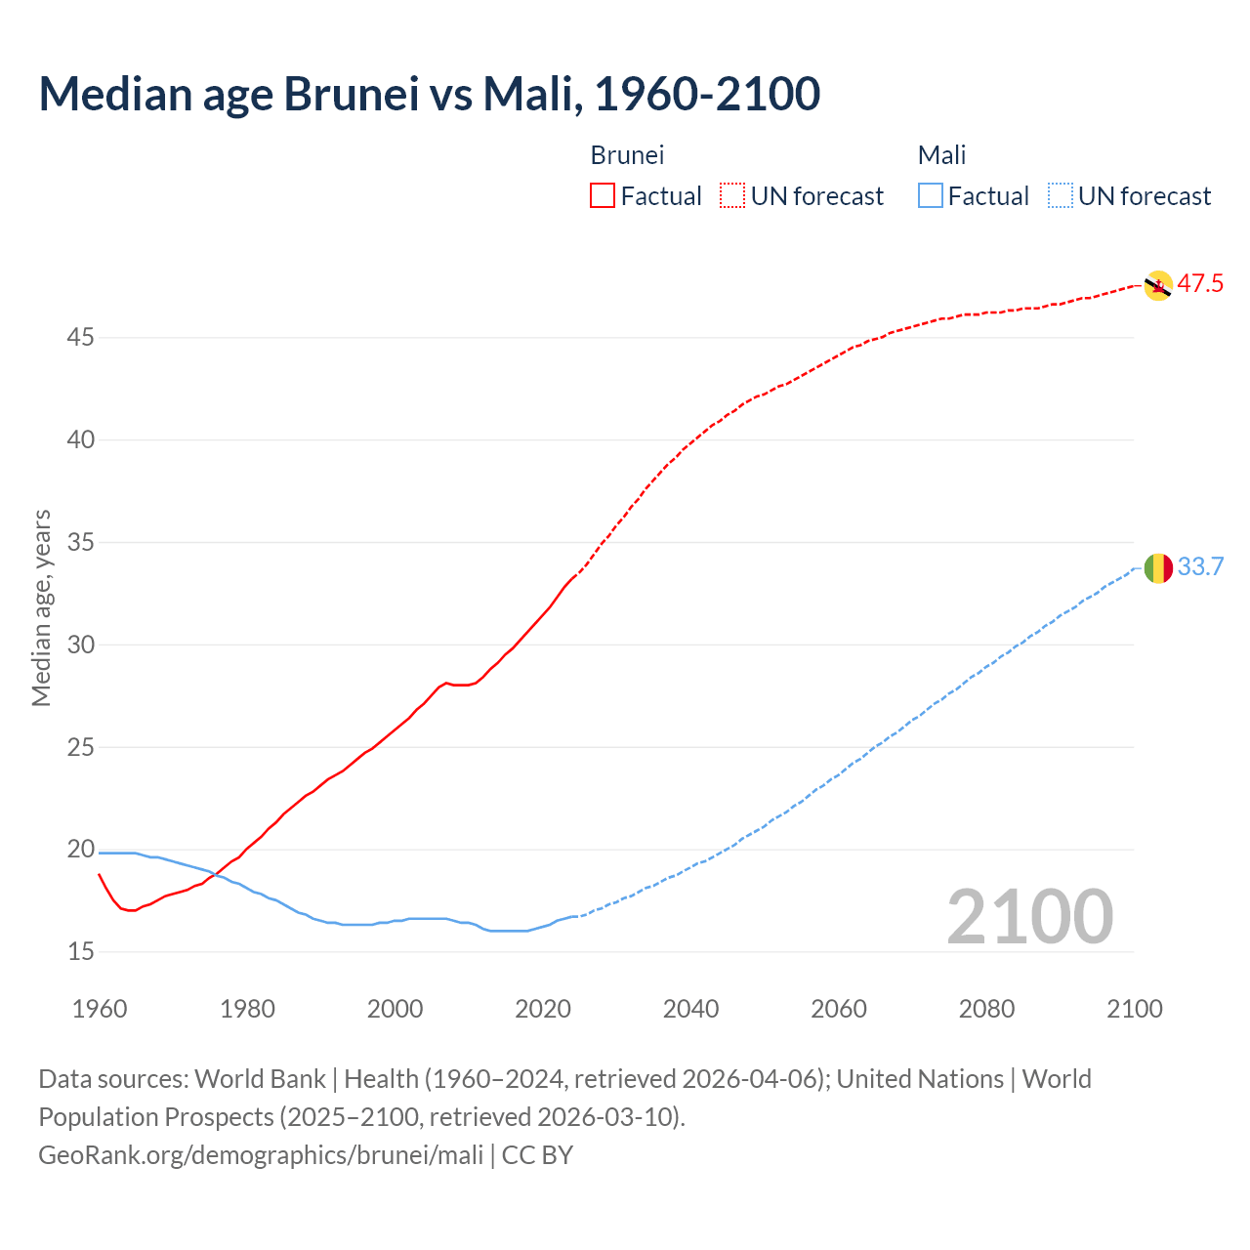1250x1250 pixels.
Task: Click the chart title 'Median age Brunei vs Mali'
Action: tap(429, 94)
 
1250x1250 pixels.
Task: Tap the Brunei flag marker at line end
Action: tap(1157, 285)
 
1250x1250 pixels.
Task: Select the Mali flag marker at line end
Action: tap(1157, 567)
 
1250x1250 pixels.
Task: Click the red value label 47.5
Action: tap(1200, 284)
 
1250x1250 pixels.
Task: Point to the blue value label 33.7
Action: tap(1200, 566)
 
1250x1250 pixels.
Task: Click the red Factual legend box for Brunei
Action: tap(603, 196)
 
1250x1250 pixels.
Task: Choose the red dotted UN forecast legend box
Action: tap(732, 196)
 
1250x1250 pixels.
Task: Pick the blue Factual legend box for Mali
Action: tap(931, 196)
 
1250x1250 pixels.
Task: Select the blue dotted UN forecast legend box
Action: tap(1060, 196)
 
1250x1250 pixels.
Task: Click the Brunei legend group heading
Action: tap(627, 155)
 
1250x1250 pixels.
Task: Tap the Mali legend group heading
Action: tap(941, 155)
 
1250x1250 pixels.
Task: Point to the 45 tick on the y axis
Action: tap(81, 338)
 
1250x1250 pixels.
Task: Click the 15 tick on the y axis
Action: tap(81, 951)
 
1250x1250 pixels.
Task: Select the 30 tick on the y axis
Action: tap(81, 645)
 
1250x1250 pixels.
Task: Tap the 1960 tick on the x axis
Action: tap(100, 1009)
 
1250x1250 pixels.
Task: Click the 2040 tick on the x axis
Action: tap(690, 1009)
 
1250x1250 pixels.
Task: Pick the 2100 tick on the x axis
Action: tap(1134, 1009)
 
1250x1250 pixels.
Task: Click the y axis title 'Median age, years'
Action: tap(41, 607)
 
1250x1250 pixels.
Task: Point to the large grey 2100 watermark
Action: tap(1029, 916)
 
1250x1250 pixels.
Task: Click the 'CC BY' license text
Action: tap(537, 1155)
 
